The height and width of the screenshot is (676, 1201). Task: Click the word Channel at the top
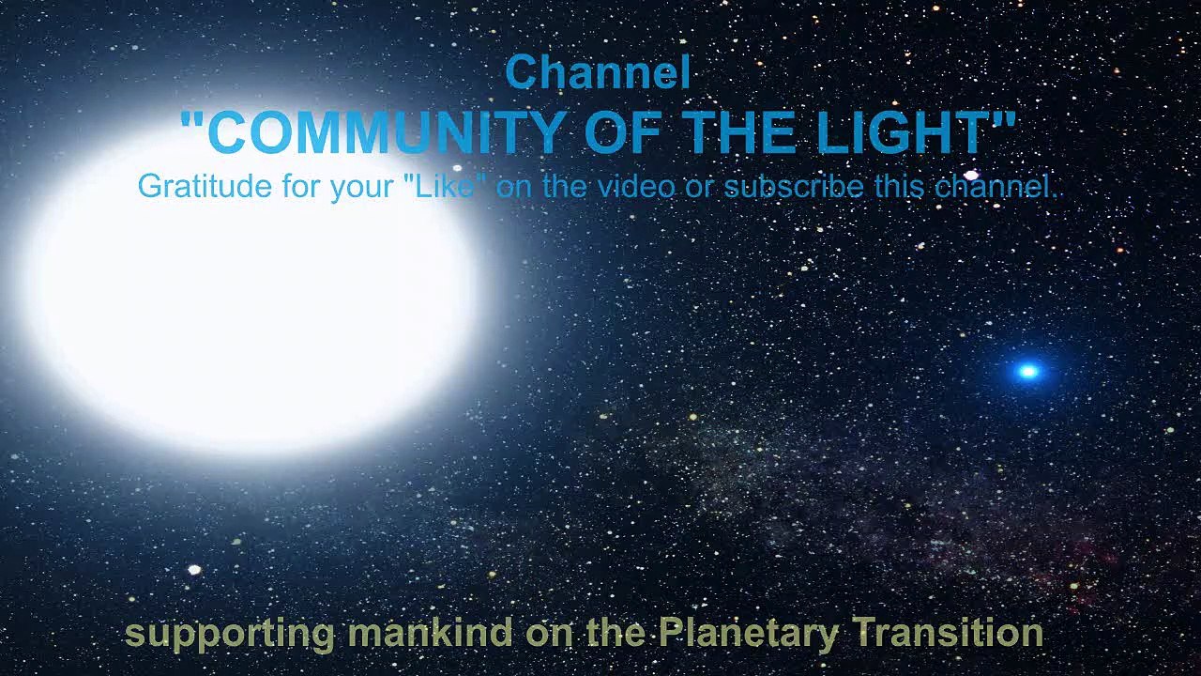pos(598,73)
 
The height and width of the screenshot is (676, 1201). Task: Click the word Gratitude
pos(205,186)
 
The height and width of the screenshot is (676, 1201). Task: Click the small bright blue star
pos(1027,372)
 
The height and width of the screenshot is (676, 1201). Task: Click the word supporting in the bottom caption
pos(229,634)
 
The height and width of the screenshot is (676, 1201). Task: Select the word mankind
pos(430,633)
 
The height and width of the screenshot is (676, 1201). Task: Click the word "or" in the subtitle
pos(699,187)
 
